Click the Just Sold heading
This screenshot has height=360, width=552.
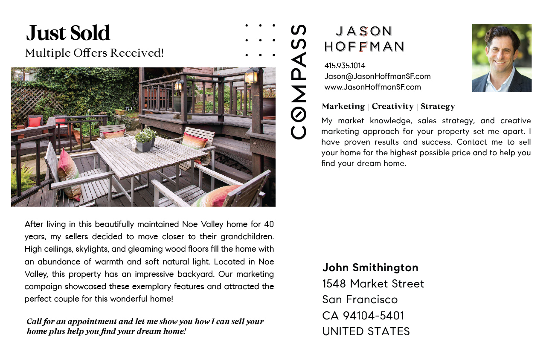coord(68,33)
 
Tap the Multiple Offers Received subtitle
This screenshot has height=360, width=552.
coord(94,53)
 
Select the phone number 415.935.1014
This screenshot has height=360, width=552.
coord(345,66)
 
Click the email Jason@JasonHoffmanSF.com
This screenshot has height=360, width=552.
coord(377,76)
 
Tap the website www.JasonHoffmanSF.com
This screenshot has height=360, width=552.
coord(372,87)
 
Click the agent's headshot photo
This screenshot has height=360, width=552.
coord(502,58)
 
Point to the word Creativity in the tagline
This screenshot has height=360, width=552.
coord(392,106)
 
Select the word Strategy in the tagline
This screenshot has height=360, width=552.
coord(438,106)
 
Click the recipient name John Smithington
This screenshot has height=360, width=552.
coord(370,267)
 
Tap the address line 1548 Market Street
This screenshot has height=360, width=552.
coord(373,284)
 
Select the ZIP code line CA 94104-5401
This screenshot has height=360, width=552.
coord(363,316)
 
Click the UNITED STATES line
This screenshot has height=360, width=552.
coord(366,331)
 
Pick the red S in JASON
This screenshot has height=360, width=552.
coord(363,31)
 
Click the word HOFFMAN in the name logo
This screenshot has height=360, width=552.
coord(364,46)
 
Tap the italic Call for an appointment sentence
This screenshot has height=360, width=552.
coord(145,326)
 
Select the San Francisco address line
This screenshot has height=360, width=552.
coord(360,299)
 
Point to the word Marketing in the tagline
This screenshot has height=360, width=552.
coord(343,106)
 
